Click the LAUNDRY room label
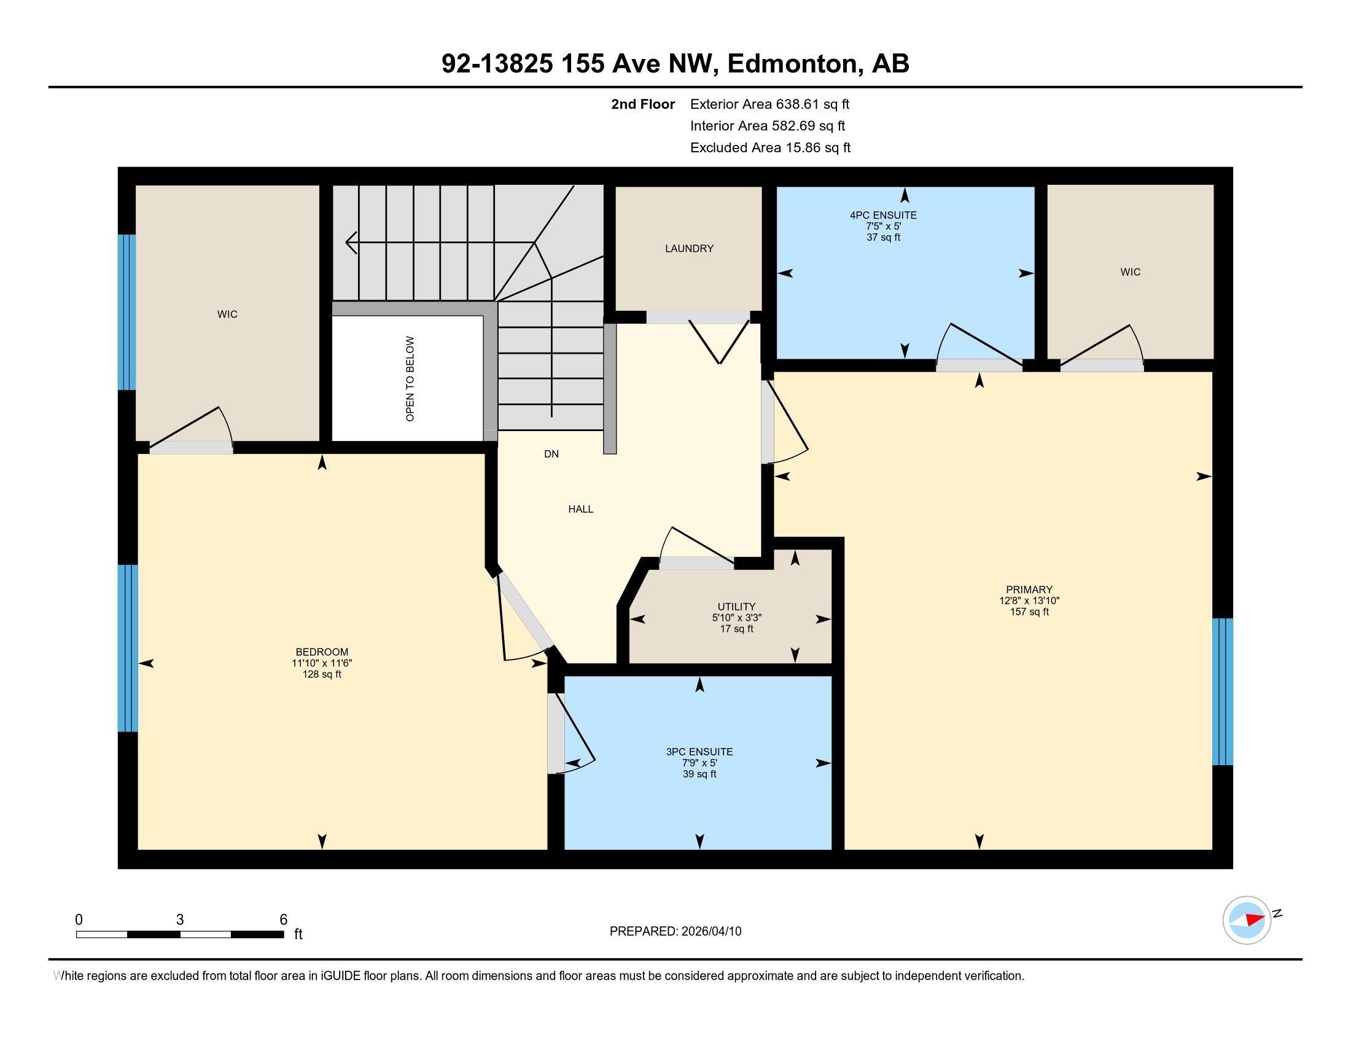point(689,249)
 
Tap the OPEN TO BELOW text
point(410,379)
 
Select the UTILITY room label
point(736,607)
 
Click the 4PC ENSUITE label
point(882,215)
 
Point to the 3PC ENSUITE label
point(699,752)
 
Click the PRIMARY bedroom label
point(1029,590)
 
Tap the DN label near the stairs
point(551,454)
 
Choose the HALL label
point(580,509)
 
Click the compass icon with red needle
point(1247,920)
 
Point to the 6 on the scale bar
point(283,920)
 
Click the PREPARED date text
point(675,932)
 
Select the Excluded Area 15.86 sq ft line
point(770,148)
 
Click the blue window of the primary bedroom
point(1222,691)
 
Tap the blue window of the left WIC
point(127,313)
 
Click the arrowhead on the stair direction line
point(351,243)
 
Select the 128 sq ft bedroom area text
point(322,675)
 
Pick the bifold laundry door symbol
point(720,342)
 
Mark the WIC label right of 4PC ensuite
point(1130,272)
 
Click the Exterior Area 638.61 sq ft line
point(769,104)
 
